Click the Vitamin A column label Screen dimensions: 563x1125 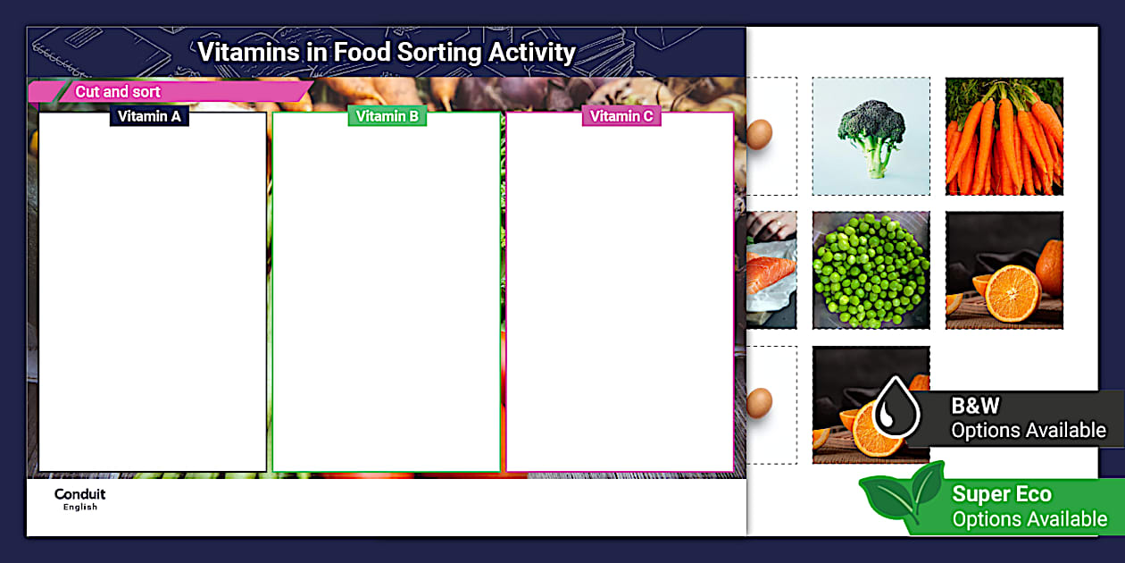(x=149, y=116)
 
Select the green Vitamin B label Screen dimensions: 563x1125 (x=387, y=116)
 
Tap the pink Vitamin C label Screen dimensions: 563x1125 (x=621, y=116)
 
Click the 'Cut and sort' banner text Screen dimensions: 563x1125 (x=118, y=92)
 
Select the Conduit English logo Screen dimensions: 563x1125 (x=79, y=499)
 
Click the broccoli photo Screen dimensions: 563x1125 (x=871, y=136)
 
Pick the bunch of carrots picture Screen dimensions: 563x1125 (x=1004, y=136)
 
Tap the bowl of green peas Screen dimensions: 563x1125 (x=871, y=270)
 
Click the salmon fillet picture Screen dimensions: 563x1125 (x=770, y=270)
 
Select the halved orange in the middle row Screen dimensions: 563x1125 (x=1004, y=270)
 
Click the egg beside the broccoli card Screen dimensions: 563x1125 (x=759, y=134)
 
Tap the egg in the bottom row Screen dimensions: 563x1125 (x=759, y=402)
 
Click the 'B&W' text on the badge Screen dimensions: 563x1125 (x=975, y=406)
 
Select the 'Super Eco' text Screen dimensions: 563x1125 (x=1002, y=494)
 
